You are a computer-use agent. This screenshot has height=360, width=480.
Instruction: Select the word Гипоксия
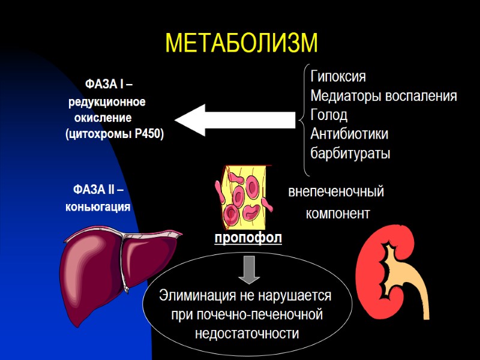click(x=338, y=77)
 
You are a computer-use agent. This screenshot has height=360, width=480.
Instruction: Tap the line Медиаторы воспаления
click(x=383, y=96)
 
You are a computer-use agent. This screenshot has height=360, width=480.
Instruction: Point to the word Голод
click(x=329, y=115)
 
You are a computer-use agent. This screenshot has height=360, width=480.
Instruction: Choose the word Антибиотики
click(x=349, y=134)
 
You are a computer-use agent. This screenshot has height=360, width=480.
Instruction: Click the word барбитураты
click(x=350, y=153)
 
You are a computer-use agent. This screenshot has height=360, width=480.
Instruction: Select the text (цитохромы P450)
click(x=115, y=134)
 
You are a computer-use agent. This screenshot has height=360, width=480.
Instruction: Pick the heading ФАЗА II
click(x=98, y=190)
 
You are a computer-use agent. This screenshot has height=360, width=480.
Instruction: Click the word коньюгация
click(x=98, y=207)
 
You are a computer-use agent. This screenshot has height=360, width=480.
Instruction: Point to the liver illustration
click(x=120, y=264)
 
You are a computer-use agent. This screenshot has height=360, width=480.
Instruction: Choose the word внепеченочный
click(x=336, y=193)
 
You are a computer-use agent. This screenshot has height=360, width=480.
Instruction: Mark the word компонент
click(x=338, y=214)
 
